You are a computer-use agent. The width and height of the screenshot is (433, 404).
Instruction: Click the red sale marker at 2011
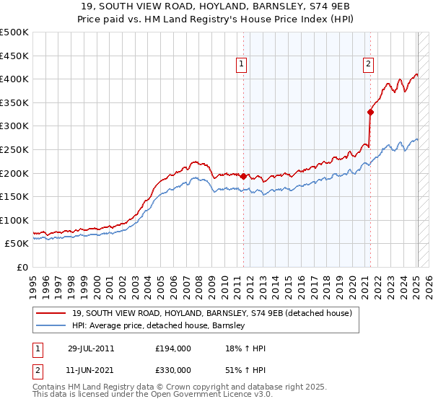point(243,175)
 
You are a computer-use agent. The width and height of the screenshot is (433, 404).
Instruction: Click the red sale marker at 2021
point(370,112)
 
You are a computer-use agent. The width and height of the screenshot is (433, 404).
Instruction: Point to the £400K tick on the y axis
point(14,79)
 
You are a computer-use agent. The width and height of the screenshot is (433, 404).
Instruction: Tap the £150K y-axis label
point(14,196)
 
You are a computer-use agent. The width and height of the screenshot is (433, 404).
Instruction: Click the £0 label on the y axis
point(22,267)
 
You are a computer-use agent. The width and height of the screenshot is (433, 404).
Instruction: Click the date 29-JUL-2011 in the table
point(91,348)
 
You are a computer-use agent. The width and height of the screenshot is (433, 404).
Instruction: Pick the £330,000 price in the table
point(173,369)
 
